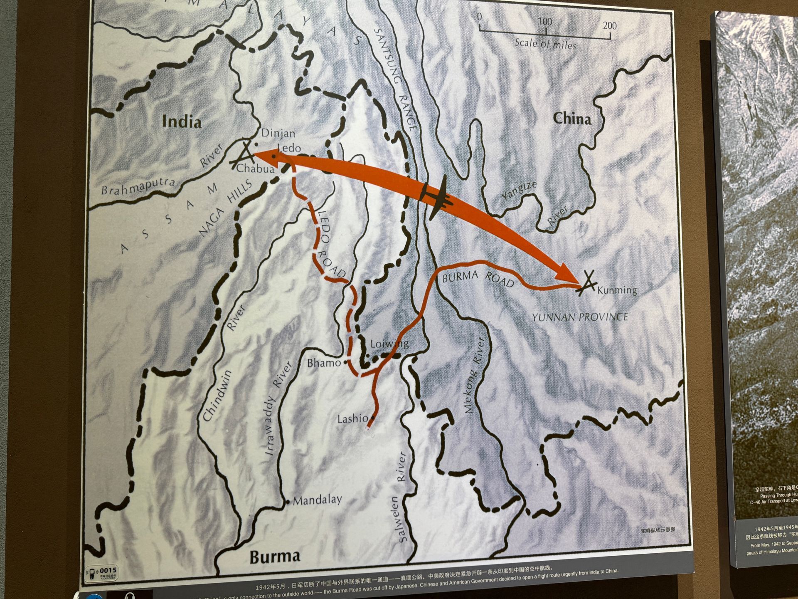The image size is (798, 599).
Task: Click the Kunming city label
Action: pos(617,290)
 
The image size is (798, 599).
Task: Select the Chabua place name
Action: pos(255,168)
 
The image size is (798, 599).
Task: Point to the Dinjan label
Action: pos(278,133)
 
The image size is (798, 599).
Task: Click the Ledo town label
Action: pos(289,148)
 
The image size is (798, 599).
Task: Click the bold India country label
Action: pos(182,121)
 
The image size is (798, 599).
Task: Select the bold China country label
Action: pos(571,119)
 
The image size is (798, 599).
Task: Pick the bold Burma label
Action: pos(274,557)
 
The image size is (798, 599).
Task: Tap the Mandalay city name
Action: pos(318,500)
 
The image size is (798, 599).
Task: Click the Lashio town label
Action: pos(352,418)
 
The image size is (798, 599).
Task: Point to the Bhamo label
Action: pos(324,363)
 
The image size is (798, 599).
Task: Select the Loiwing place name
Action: pos(389,344)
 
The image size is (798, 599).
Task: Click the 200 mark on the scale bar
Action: pos(610,26)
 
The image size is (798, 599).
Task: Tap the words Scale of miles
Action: pos(545,44)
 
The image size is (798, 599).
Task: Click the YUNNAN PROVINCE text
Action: pos(580,317)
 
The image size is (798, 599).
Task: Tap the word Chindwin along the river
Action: pos(217,396)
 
